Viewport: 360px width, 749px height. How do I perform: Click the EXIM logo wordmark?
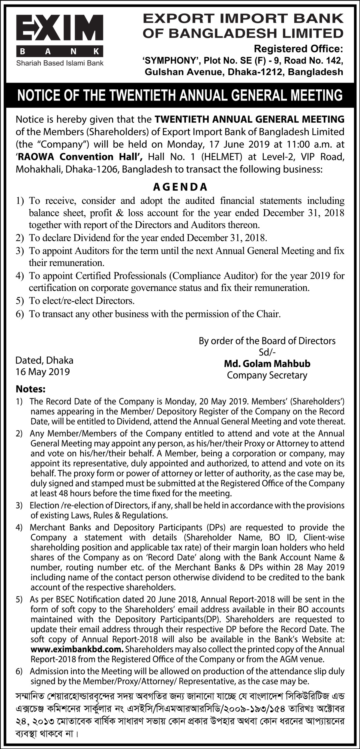[x=60, y=30]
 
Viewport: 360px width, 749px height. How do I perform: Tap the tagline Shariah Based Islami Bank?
[x=60, y=63]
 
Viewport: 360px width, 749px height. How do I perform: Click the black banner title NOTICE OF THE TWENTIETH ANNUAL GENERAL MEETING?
[x=180, y=95]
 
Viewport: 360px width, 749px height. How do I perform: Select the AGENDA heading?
[x=180, y=187]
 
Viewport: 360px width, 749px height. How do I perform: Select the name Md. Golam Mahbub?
[x=267, y=364]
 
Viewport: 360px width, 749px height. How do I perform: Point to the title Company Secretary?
[x=267, y=375]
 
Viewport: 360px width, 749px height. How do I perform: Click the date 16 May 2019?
[x=43, y=372]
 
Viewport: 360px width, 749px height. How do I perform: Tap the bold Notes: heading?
[x=31, y=389]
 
